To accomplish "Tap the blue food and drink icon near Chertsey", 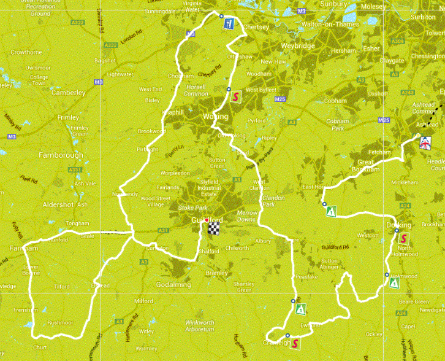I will tap(229, 24).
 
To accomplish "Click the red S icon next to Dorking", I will tap(403, 238).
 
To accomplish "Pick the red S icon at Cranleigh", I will tap(295, 343).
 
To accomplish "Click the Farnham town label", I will tap(24, 249).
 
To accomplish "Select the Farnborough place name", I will tap(61, 155).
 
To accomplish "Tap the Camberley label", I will tap(67, 93).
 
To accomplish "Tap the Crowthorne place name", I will tap(26, 52).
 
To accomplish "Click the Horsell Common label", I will tap(196, 90).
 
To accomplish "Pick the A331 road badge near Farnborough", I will tap(76, 170).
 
